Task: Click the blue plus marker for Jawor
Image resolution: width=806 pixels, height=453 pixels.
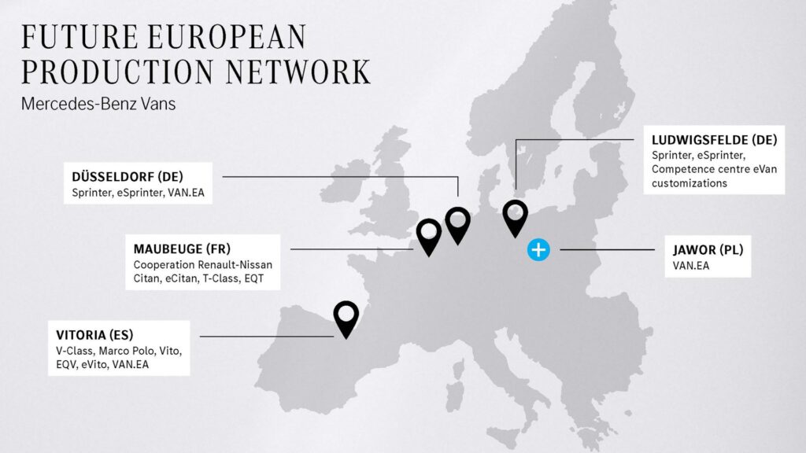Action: (538, 250)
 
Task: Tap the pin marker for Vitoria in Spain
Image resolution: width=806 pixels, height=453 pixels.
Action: (346, 315)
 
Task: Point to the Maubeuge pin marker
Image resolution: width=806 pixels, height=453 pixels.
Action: (429, 234)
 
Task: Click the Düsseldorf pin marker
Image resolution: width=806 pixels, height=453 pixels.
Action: (457, 221)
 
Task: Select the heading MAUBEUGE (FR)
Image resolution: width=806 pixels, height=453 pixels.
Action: (182, 249)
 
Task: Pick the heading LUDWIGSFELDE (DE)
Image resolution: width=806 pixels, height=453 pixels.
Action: (714, 140)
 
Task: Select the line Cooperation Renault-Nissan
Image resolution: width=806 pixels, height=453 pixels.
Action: (202, 264)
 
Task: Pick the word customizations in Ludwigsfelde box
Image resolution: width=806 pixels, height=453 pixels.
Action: (690, 183)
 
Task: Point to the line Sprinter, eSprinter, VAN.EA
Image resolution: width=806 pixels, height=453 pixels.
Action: (138, 192)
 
